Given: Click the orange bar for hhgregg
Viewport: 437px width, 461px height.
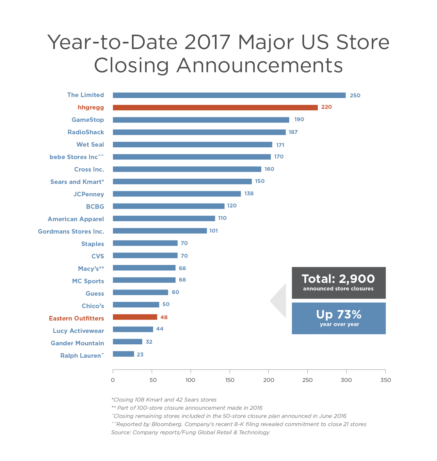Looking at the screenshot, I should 215,107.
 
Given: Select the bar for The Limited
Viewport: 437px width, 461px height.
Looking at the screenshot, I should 229,95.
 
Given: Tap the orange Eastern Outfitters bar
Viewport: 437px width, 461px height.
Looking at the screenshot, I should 135,317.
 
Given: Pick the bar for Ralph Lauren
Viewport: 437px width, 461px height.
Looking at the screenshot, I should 123,354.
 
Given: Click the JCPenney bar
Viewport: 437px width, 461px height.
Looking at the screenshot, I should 177,194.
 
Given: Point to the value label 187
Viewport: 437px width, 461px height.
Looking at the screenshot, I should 293,132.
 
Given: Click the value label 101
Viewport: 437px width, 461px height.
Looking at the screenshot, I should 213,231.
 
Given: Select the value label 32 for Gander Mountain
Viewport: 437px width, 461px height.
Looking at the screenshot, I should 149,342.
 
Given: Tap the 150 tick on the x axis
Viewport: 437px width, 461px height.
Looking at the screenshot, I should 230,380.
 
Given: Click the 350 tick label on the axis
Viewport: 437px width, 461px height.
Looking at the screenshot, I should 385,380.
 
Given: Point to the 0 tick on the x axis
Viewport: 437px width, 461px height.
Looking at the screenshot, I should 113,380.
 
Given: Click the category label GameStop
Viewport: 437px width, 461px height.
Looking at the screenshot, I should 88,120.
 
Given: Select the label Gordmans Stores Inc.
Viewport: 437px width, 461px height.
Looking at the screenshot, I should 71,232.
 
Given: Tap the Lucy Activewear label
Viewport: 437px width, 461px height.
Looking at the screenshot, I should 78,331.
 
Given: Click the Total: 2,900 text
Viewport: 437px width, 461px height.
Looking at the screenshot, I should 338,279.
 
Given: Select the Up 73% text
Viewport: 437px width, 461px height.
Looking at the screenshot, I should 339,315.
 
